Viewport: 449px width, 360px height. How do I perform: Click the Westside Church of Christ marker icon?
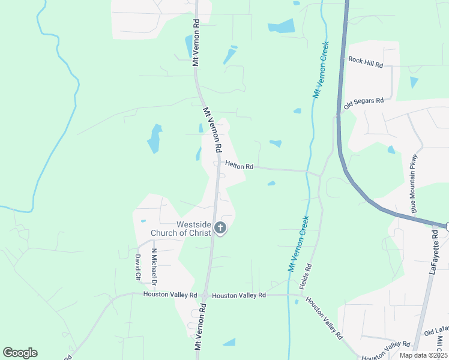click(220, 228)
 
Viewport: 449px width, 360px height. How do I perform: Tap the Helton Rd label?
click(239, 166)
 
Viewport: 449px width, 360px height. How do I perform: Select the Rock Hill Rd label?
click(365, 62)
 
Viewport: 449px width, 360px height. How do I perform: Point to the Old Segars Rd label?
click(363, 103)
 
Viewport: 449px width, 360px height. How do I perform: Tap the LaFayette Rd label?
click(435, 254)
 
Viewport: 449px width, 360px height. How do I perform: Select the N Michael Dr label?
click(154, 266)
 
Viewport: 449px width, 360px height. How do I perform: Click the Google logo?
click(20, 353)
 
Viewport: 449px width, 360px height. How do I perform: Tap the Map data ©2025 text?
click(423, 355)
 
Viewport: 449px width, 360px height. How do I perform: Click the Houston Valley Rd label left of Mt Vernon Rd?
click(170, 295)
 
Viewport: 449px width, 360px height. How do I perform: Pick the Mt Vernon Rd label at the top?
click(195, 42)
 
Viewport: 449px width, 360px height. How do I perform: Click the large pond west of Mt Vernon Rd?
click(155, 139)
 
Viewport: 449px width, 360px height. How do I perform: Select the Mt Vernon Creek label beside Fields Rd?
click(300, 244)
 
